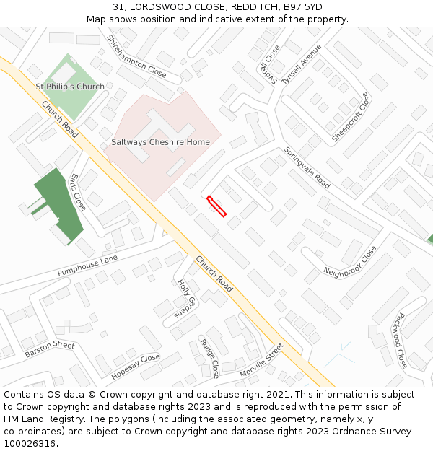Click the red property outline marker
pyautogui.click(x=216, y=206)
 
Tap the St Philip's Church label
pyautogui.click(x=70, y=87)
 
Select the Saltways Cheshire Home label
pyautogui.click(x=160, y=142)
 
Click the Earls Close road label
pyautogui.click(x=78, y=192)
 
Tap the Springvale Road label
pyautogui.click(x=307, y=167)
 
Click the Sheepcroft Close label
pyautogui.click(x=350, y=117)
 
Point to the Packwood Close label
pyautogui.click(x=400, y=340)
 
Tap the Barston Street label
pyautogui.click(x=50, y=349)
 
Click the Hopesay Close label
pyautogui.click(x=136, y=367)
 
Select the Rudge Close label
pyautogui.click(x=209, y=358)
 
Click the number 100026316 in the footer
pyautogui.click(x=30, y=443)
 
